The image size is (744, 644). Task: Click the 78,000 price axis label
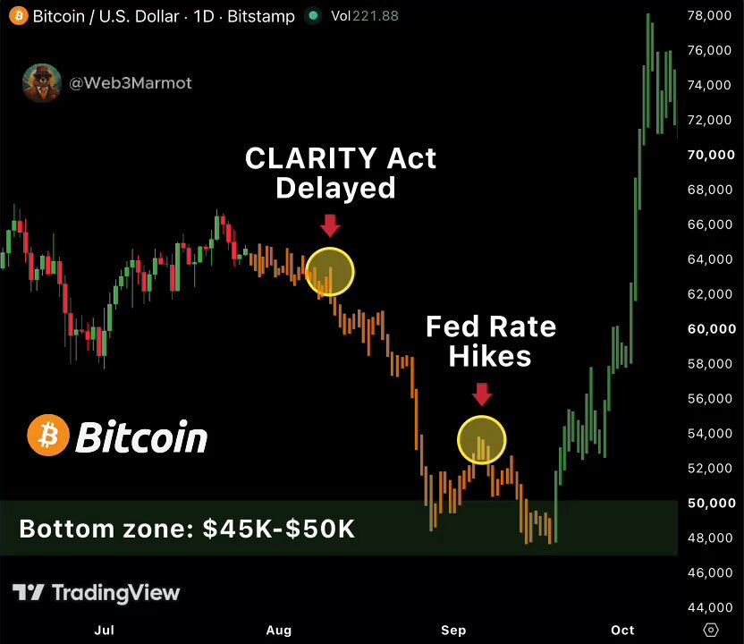(709, 16)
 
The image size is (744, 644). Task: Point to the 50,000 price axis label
(711, 503)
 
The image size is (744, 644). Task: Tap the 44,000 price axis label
(710, 607)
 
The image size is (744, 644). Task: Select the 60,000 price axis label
(712, 329)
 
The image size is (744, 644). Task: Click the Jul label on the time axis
(105, 631)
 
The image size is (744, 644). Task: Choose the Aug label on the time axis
(278, 631)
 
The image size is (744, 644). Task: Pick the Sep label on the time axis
(453, 631)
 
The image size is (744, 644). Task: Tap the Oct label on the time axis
(622, 631)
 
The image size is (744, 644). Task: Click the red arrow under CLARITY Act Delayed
(330, 225)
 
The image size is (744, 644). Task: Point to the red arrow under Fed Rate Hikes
(482, 394)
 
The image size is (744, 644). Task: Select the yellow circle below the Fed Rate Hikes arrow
(482, 416)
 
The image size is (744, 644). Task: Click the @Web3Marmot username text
(131, 83)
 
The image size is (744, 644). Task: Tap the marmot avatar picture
(42, 83)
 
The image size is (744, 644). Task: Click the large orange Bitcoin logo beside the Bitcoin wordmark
(48, 436)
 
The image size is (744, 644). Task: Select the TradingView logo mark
(28, 592)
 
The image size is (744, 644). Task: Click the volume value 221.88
(376, 16)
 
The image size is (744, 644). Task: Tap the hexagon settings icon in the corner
(710, 630)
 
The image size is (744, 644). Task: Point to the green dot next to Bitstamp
(313, 16)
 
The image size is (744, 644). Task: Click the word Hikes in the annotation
(490, 356)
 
